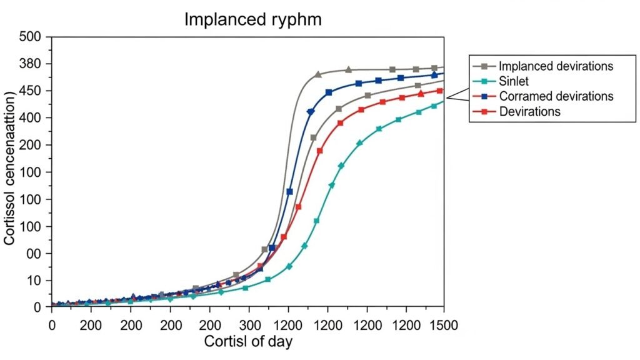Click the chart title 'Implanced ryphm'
(252, 19)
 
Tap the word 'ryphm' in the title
(296, 19)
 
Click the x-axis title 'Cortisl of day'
(248, 342)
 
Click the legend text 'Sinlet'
(515, 81)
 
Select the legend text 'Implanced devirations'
(556, 66)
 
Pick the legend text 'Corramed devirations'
(556, 96)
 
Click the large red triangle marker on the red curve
(421, 94)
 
